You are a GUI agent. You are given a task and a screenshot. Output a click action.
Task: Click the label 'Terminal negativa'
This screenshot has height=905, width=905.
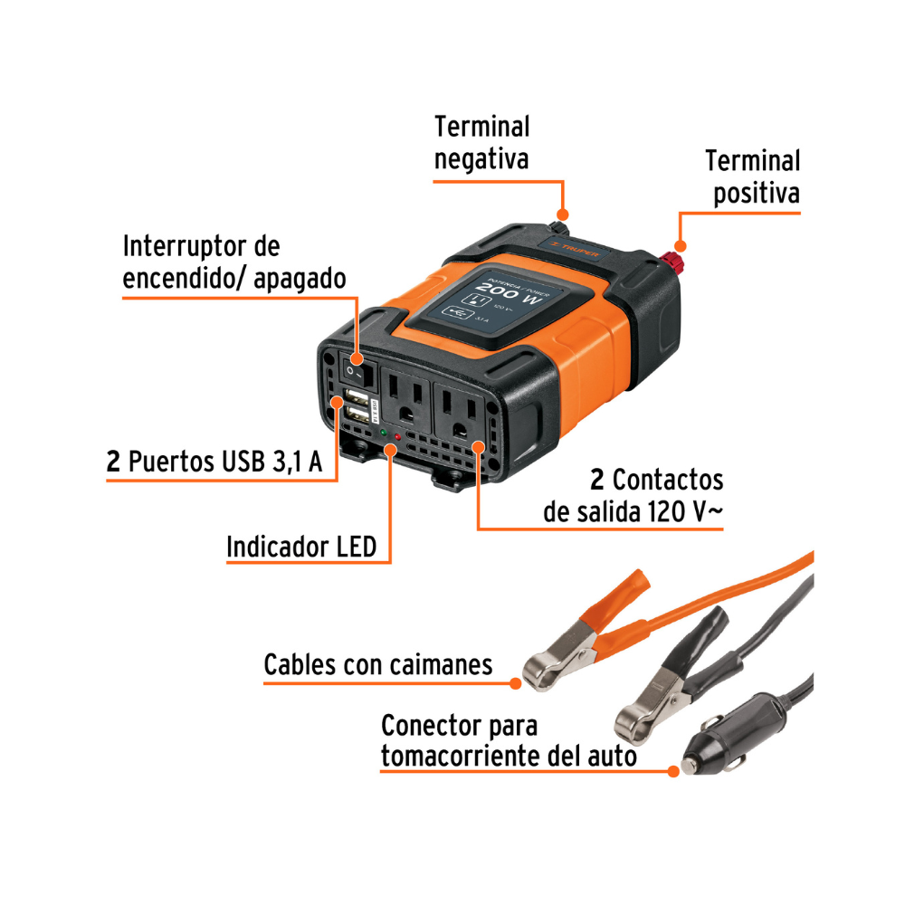coord(481,142)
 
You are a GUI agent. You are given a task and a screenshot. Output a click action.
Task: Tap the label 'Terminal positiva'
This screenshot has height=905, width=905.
coord(753,177)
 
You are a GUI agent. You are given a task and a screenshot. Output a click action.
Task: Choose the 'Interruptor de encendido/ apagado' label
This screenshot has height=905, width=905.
coord(233,262)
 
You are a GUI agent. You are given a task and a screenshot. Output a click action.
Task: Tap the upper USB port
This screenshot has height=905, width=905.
coord(356,398)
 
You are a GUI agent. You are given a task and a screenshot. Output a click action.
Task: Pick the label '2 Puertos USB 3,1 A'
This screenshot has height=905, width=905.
coord(222,462)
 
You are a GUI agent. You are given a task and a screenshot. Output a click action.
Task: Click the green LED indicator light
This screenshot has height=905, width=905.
coord(385,435)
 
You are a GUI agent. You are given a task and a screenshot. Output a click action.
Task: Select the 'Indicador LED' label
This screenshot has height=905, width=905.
coord(300,547)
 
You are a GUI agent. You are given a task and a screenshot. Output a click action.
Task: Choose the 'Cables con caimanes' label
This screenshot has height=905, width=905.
coord(377,665)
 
